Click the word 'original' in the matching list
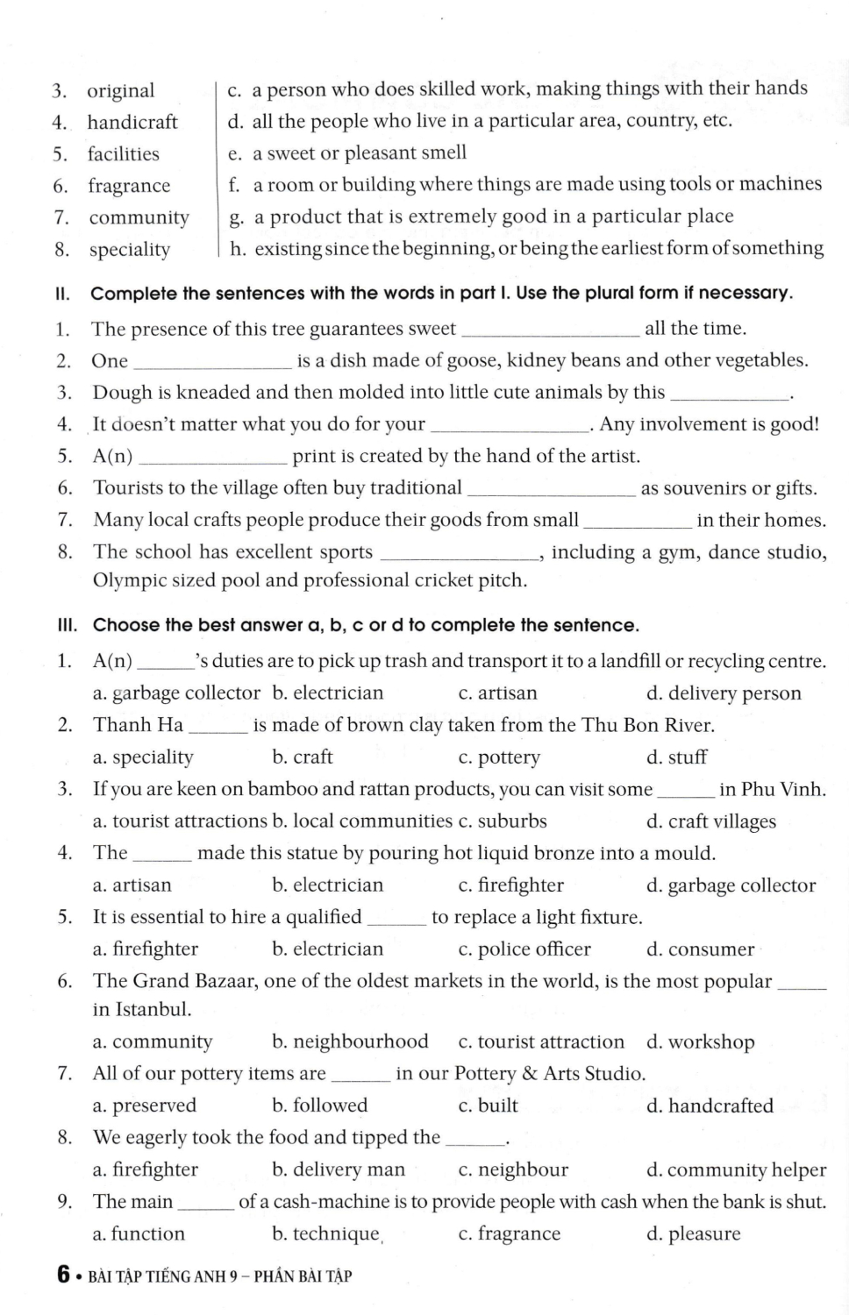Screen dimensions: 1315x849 pos(120,90)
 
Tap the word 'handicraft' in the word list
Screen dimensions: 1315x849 pos(132,122)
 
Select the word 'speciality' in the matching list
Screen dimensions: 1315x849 pos(129,250)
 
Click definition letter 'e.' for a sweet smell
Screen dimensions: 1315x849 pos(234,153)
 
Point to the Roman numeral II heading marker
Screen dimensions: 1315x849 pos(62,294)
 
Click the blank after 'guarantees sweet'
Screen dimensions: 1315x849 pos(550,330)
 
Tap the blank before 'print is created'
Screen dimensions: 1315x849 pos(213,457)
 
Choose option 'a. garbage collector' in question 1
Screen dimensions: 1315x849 pos(176,693)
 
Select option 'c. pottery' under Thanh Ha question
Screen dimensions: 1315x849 pos(499,757)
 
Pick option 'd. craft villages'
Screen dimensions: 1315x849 pos(710,821)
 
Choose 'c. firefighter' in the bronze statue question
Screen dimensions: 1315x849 pos(510,885)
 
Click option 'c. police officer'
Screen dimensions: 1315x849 pos(524,949)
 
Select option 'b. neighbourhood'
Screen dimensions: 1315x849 pos(350,1041)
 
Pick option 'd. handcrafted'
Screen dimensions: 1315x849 pos(710,1105)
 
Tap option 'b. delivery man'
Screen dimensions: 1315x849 pos(339,1169)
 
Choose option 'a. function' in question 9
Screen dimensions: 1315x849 pos(139,1233)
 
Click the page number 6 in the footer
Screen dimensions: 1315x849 pos(63,1275)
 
